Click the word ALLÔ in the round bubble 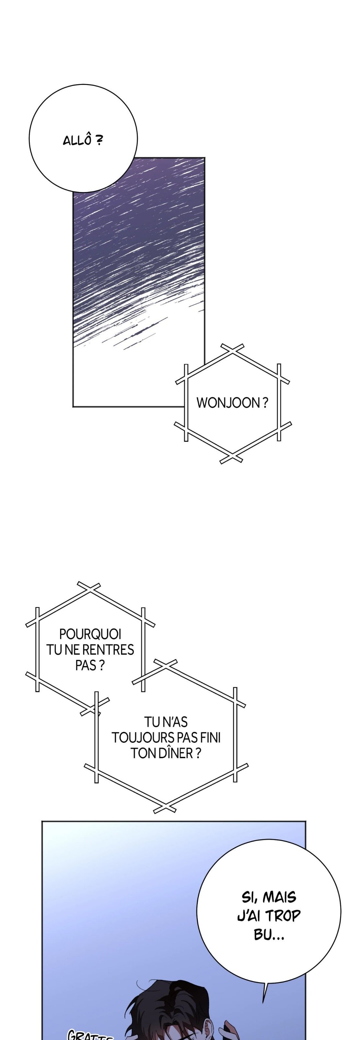(x=77, y=140)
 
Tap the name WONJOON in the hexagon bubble (x=228, y=402)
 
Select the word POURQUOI (x=90, y=634)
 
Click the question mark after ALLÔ (x=98, y=140)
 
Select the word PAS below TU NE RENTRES (x=86, y=665)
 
